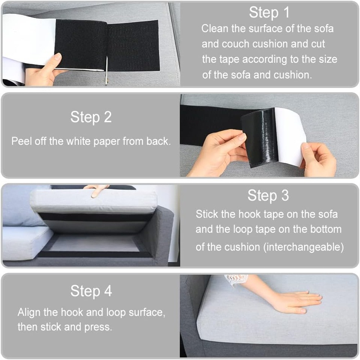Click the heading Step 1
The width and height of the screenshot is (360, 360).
coord(269,12)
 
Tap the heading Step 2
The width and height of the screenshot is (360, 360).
coord(91,117)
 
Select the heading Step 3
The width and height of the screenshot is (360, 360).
coord(268,195)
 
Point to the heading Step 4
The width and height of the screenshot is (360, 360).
coord(91,291)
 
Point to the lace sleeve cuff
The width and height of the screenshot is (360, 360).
coord(237,280)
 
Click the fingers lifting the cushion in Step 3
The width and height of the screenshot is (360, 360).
coord(96,190)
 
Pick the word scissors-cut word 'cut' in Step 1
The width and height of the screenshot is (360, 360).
coord(318,44)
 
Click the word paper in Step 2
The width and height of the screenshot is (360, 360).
coord(107,141)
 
